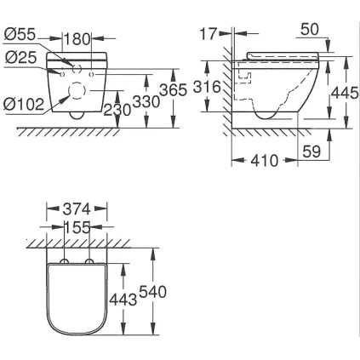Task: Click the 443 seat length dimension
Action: (x=123, y=298)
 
